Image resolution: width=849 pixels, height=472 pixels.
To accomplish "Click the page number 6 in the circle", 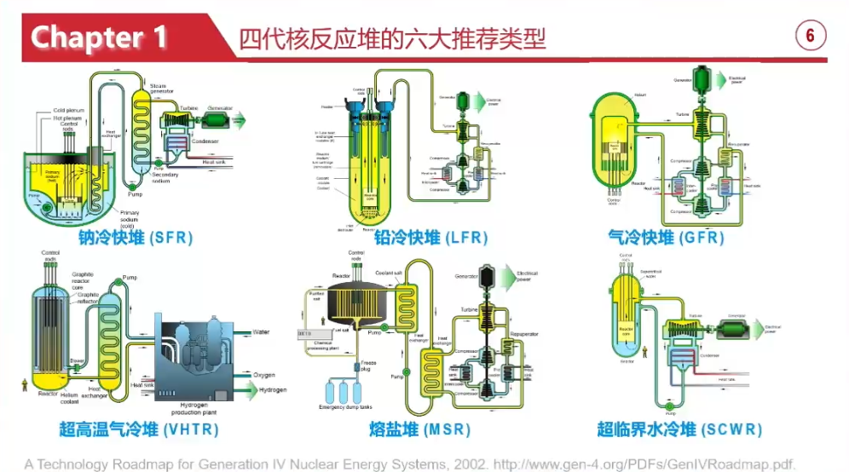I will tap(811, 36).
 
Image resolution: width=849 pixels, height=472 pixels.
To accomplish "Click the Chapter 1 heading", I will tap(100, 37).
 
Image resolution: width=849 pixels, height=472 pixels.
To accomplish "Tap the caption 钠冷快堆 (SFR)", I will tap(136, 238).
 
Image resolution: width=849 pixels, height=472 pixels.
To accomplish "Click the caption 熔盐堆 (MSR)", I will tap(425, 429).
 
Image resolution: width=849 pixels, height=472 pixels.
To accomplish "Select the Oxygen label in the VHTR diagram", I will tap(265, 375).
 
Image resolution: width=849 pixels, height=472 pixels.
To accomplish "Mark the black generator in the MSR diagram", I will tap(488, 276).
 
